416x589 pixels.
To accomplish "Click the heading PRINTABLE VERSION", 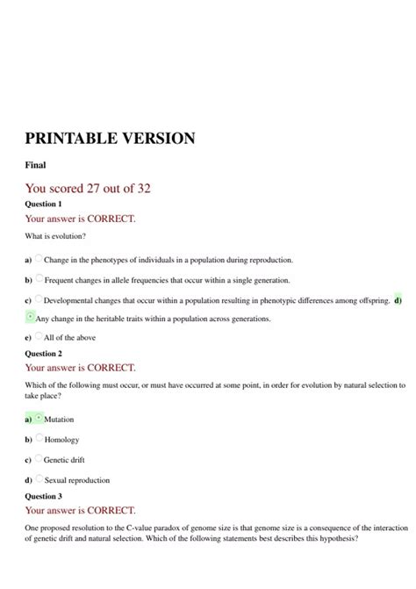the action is click(110, 139).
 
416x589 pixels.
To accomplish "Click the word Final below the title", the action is click(36, 164).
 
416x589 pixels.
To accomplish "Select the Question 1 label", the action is click(44, 204).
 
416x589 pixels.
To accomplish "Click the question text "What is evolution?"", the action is click(55, 237).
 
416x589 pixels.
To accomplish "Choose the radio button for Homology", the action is click(39, 438).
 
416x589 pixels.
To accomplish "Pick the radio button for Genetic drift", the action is click(39, 458).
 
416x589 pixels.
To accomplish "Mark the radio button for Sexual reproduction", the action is click(39, 479).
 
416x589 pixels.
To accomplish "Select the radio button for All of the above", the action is click(39, 336).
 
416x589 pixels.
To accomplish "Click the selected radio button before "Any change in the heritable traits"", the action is click(31, 317).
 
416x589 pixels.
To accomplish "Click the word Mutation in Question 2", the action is click(59, 420).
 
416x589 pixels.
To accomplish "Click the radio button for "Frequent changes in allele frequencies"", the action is click(39, 279).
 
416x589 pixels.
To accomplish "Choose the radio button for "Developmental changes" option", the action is click(39, 299).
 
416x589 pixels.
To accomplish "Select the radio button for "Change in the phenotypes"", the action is click(39, 259).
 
